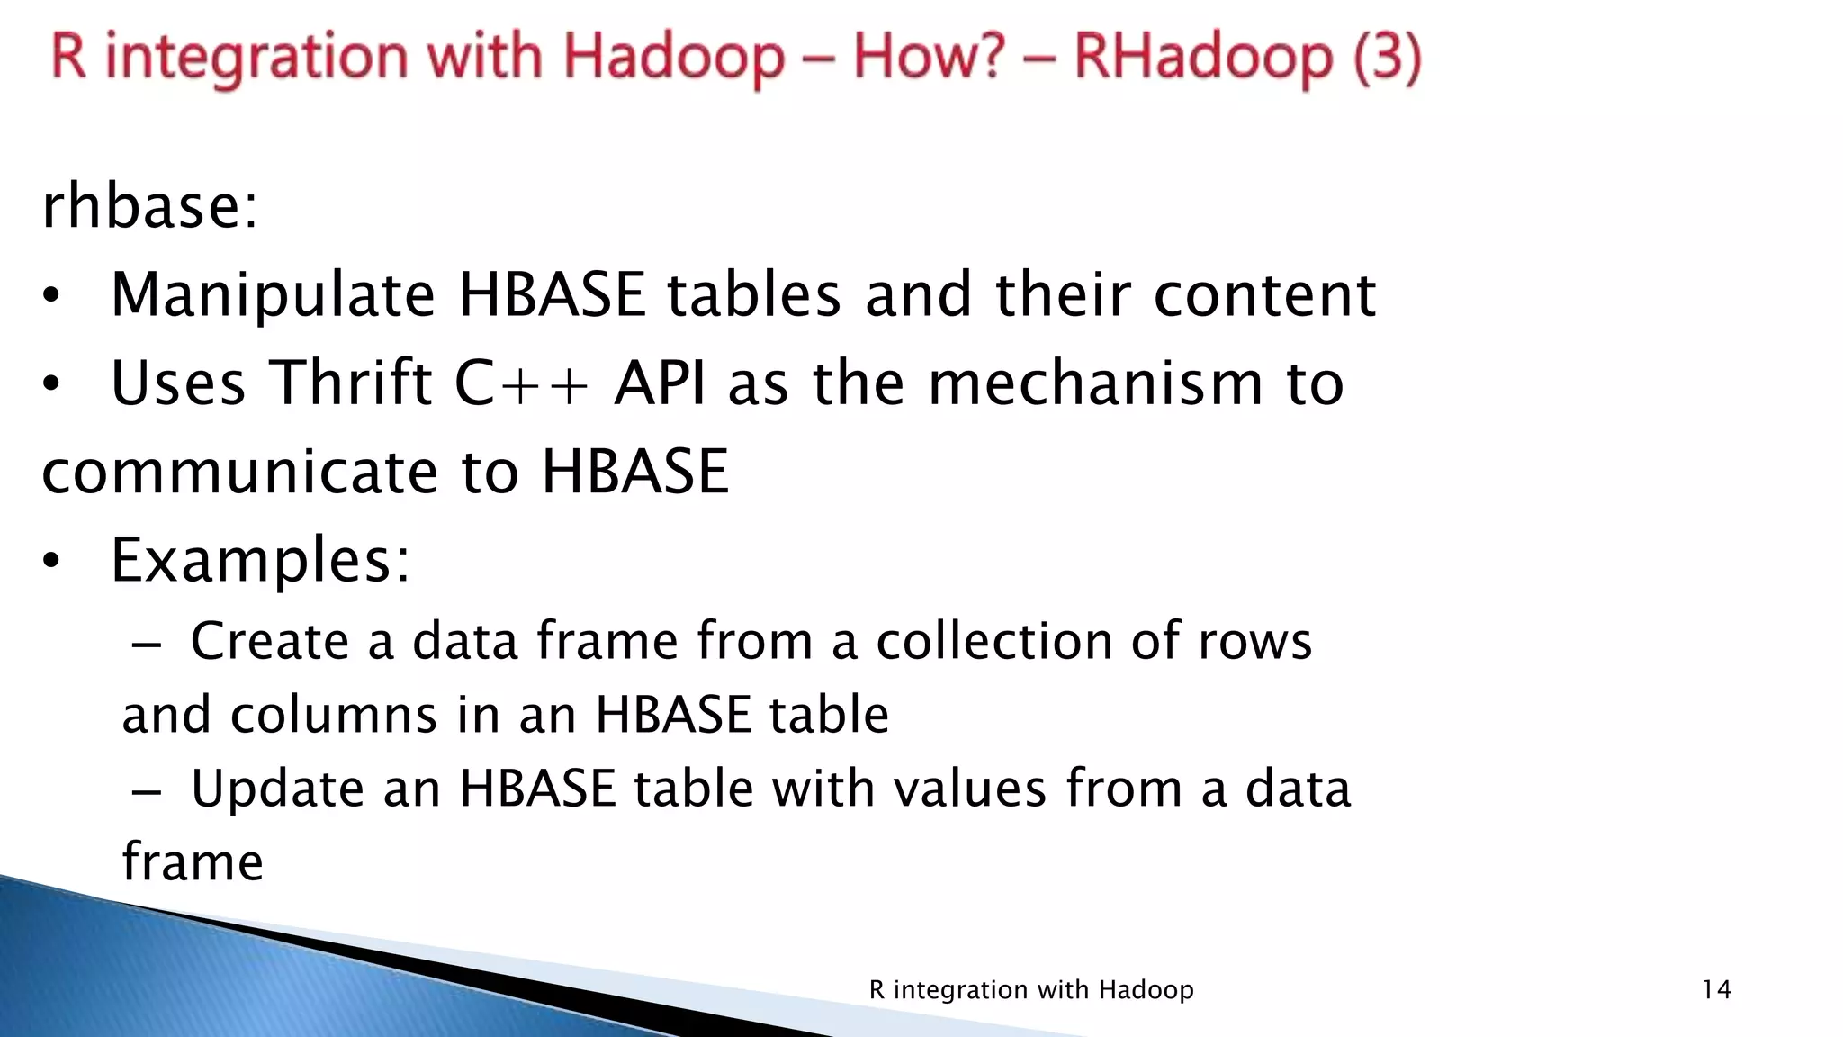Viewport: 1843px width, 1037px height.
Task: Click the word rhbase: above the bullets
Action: [x=150, y=206]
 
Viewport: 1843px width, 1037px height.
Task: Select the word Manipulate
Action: [x=273, y=295]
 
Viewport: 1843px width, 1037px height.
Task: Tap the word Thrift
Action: [x=351, y=383]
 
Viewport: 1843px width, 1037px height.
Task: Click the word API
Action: [x=660, y=383]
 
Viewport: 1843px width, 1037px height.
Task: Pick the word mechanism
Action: [x=1095, y=383]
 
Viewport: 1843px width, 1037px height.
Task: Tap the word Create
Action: [x=269, y=641]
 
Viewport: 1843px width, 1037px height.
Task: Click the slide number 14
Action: [x=1716, y=990]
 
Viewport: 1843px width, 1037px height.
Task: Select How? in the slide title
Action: [x=928, y=57]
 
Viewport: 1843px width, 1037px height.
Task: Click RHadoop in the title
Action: [x=1202, y=57]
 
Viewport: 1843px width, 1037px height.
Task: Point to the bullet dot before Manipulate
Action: [x=51, y=296]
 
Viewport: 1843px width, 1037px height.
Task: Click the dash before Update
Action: [x=146, y=791]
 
